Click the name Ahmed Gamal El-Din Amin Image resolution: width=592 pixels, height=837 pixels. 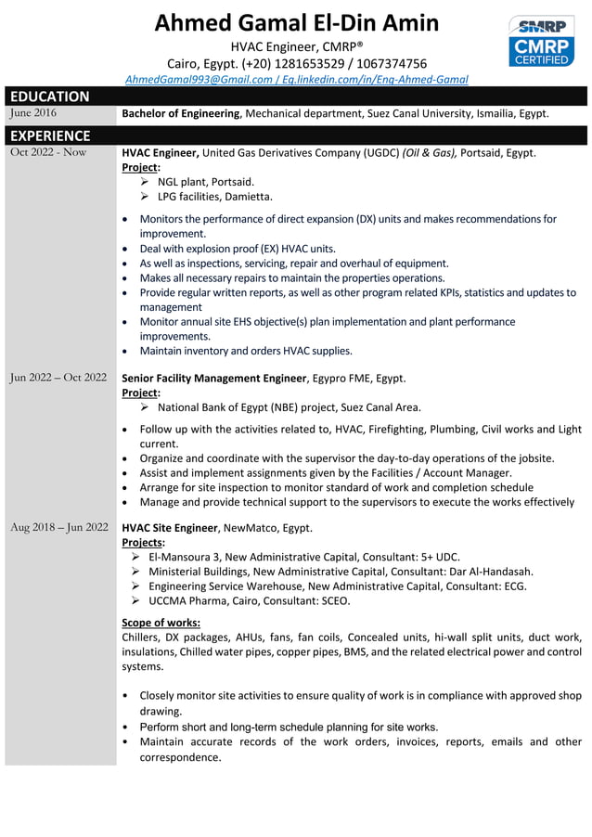(296, 23)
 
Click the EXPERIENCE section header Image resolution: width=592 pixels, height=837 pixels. (50, 135)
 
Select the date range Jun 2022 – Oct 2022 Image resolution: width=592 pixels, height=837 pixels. (58, 378)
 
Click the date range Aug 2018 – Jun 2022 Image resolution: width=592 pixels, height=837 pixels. (58, 528)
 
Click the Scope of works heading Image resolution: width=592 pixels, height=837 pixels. (161, 623)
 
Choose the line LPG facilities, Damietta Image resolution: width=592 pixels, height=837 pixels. (214, 197)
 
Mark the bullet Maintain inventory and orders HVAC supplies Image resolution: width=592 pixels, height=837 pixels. (246, 351)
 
